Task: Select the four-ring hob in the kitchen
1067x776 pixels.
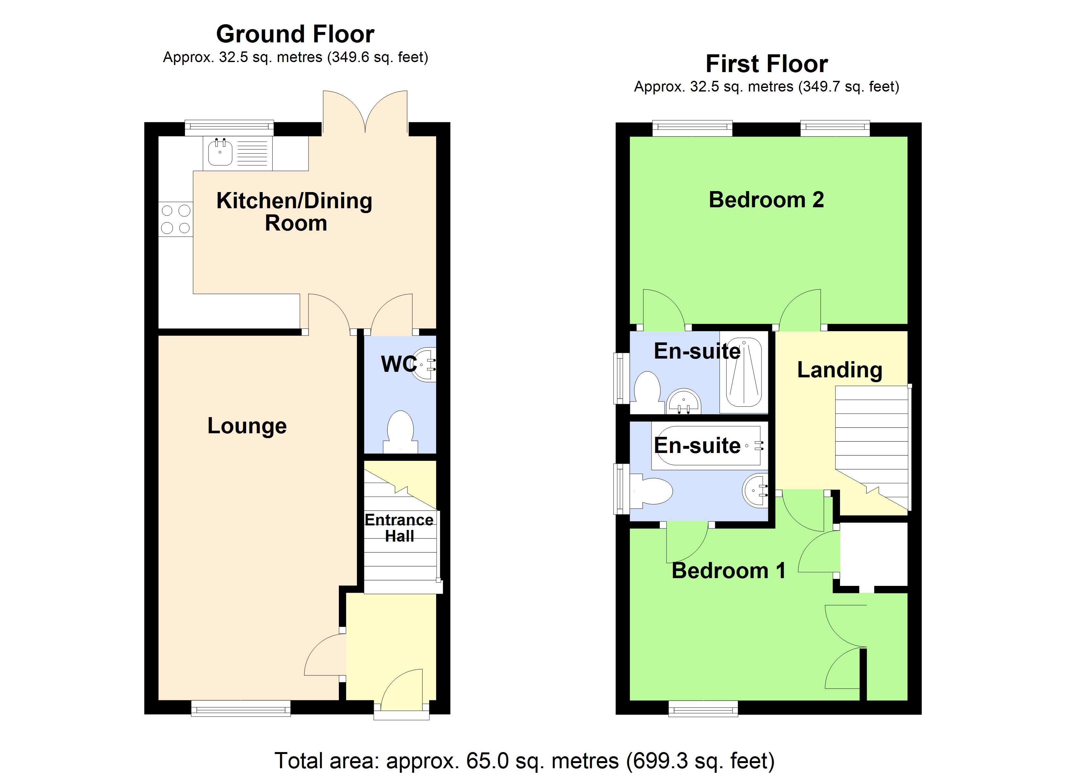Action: [x=176, y=219]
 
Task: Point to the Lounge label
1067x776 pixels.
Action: [x=247, y=426]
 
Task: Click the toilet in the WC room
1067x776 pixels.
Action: [x=400, y=432]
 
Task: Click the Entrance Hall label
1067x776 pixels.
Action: [x=399, y=528]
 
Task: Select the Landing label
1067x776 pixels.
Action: [x=839, y=370]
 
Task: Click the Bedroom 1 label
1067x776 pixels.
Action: [x=728, y=571]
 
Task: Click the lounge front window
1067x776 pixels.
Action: [x=241, y=708]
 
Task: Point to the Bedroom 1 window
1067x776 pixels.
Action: [x=703, y=708]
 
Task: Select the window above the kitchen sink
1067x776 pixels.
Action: [x=229, y=127]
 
